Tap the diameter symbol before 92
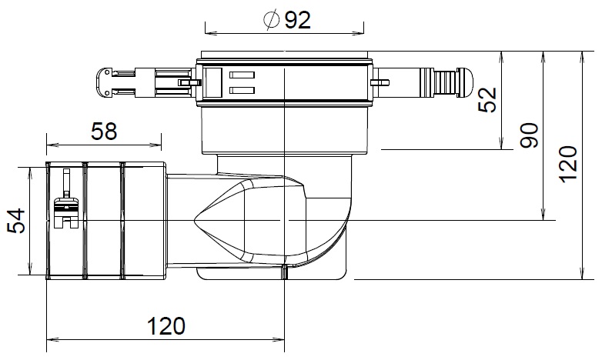point(271,19)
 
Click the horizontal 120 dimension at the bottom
point(166,325)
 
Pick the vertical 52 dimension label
point(487,100)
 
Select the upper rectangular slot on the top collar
point(242,75)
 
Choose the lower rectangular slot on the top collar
point(242,91)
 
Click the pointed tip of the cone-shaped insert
point(194,222)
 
